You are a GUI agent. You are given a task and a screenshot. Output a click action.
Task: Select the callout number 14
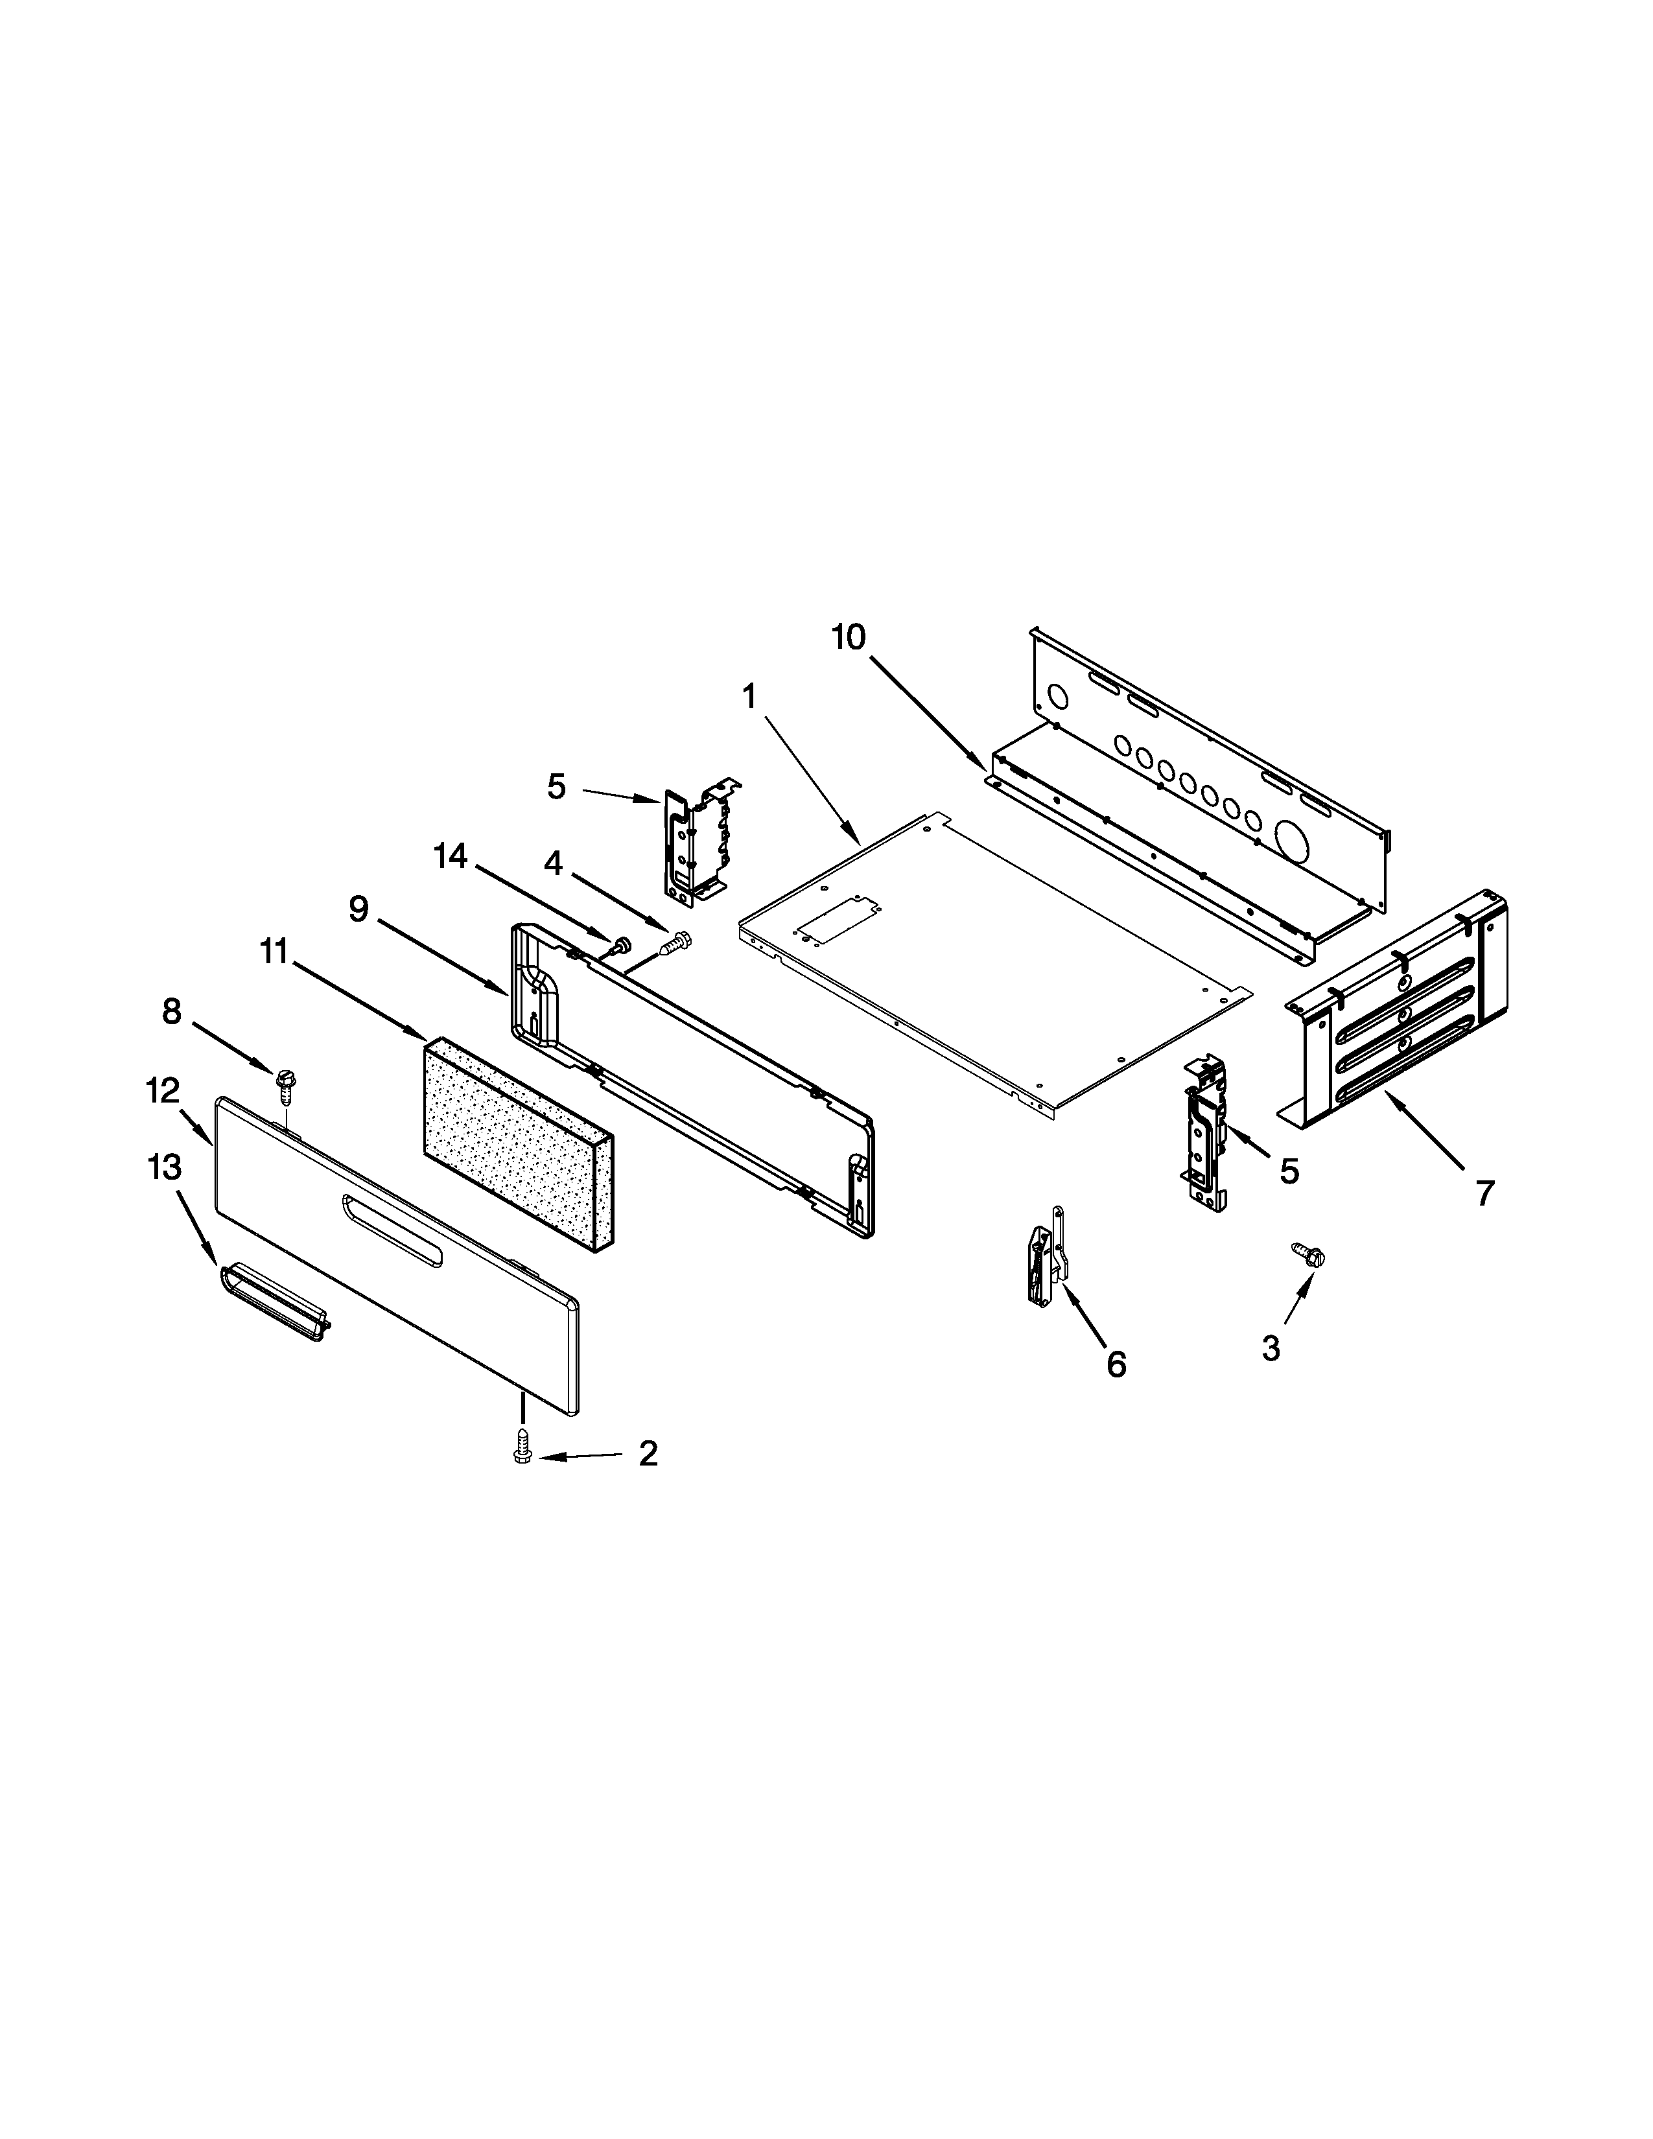[x=451, y=856]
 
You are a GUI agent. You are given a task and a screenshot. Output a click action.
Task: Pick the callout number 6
[x=1116, y=1364]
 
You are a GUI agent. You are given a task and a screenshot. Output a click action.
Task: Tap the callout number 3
[x=1270, y=1350]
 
